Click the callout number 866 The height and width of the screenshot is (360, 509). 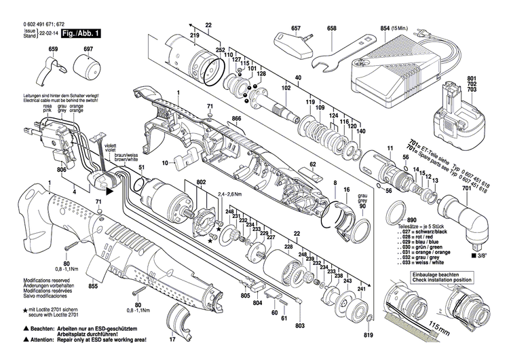tap(236, 120)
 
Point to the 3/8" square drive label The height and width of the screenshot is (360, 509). tap(478, 256)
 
